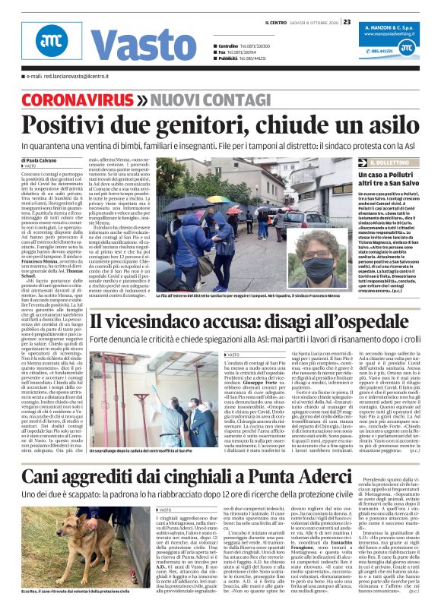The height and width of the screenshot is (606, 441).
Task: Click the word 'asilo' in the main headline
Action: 394,125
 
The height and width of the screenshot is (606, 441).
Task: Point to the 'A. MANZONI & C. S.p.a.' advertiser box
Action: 388,34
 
